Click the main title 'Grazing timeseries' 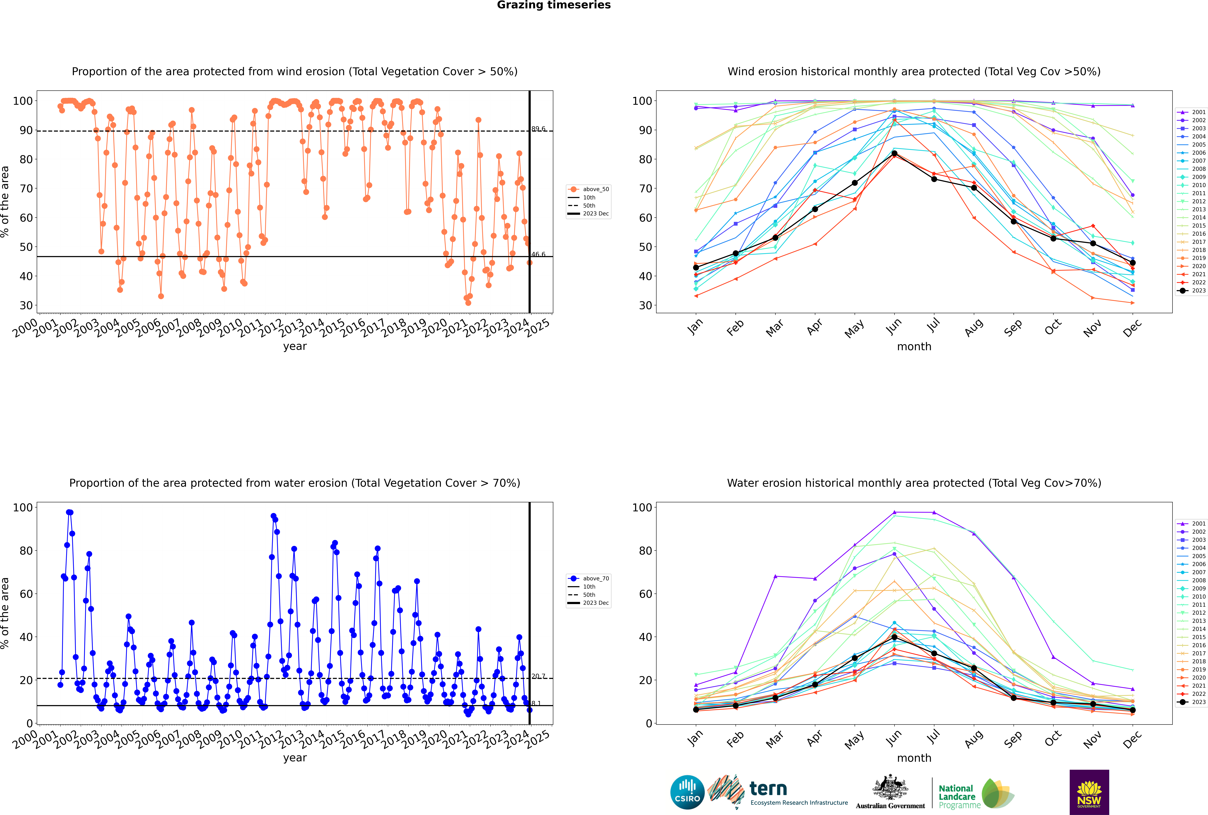(x=554, y=5)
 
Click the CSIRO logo (x=687, y=792)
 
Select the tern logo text (x=768, y=789)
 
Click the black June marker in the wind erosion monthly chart (x=894, y=153)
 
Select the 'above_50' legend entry (x=588, y=189)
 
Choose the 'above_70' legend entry (x=588, y=579)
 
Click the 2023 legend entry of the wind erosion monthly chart (x=1191, y=291)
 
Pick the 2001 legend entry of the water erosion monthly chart (x=1191, y=523)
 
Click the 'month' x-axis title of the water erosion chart (x=914, y=758)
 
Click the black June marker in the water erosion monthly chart (x=894, y=637)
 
